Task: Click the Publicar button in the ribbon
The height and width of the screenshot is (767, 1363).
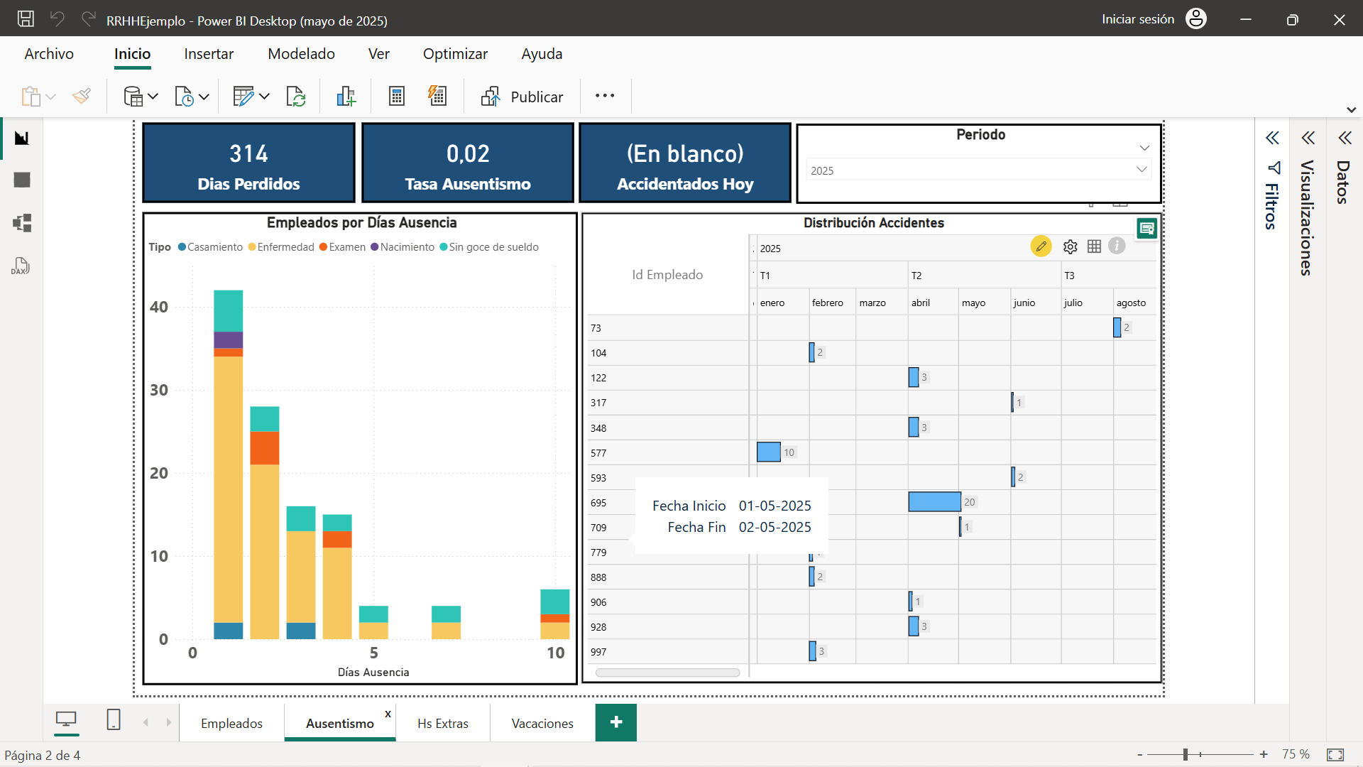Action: [522, 97]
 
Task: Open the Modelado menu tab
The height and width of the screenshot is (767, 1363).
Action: [301, 54]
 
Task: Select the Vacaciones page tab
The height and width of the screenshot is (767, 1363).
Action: [542, 723]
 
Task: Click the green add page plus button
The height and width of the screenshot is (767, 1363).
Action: [616, 722]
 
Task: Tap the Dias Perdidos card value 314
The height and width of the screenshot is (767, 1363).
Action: [248, 153]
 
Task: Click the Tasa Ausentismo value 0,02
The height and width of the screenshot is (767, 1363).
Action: [468, 153]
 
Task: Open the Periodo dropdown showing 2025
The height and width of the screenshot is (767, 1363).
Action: [979, 170]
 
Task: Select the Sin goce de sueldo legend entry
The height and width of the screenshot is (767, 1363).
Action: [489, 247]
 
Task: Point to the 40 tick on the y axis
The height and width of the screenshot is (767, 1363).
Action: [159, 307]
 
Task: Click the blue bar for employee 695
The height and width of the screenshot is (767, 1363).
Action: [934, 502]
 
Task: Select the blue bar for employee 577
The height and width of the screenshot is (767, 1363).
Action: [769, 452]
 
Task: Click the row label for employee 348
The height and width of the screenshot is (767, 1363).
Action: [598, 428]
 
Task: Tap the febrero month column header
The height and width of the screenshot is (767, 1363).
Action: [828, 303]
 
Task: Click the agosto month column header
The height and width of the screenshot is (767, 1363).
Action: [1131, 303]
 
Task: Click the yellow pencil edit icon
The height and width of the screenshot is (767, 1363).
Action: [1041, 246]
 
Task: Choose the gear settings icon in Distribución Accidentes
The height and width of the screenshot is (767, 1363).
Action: [1071, 246]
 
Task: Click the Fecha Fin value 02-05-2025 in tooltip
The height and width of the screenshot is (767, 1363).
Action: [774, 527]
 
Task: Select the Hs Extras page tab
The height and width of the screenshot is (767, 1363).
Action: [443, 723]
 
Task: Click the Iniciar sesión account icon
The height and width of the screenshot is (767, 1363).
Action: [1196, 18]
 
